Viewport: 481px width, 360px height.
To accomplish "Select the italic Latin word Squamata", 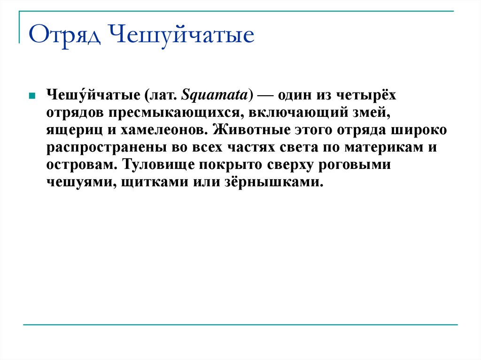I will click(216, 96).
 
